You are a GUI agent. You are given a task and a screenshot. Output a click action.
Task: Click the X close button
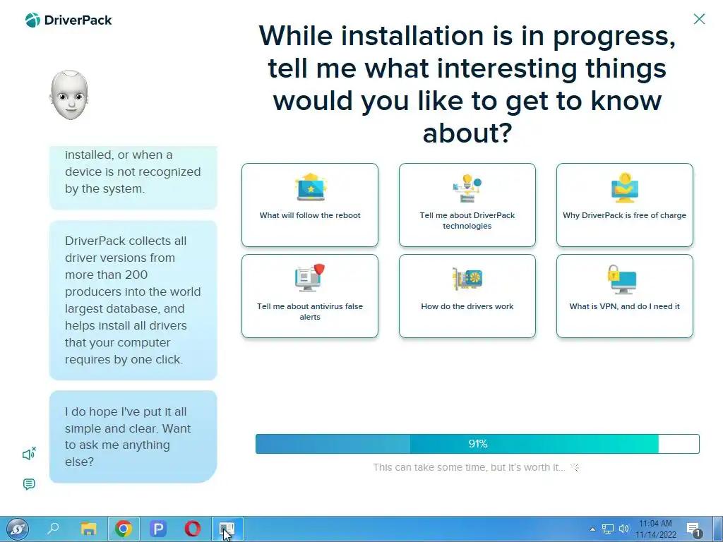699,19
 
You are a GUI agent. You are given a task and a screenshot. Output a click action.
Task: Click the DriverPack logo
68,20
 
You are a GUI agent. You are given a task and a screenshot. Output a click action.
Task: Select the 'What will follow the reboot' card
310,205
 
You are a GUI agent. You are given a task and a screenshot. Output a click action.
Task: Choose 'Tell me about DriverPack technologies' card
467,205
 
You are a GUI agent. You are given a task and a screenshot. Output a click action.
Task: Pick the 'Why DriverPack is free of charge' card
625,205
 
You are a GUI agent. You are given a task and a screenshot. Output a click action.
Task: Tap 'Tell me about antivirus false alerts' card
310,296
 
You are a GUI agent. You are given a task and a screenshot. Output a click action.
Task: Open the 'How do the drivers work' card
467,296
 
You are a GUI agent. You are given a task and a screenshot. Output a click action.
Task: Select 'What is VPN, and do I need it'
625,296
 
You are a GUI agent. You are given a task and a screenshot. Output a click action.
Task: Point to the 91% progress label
478,444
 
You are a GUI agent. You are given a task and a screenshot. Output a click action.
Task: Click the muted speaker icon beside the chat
29,454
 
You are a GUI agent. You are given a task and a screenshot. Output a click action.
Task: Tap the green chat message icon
29,484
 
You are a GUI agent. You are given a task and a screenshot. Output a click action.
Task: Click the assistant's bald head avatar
69,95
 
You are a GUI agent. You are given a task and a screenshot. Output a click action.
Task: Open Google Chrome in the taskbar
123,529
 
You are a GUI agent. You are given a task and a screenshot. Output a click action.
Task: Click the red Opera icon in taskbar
192,529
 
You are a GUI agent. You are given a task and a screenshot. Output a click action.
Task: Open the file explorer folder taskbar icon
88,529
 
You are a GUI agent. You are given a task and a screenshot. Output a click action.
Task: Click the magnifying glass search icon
54,528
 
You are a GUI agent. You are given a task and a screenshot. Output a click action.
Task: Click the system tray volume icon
624,529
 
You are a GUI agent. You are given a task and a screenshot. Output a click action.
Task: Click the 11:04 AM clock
655,524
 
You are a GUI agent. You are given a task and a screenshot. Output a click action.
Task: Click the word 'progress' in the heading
615,36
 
